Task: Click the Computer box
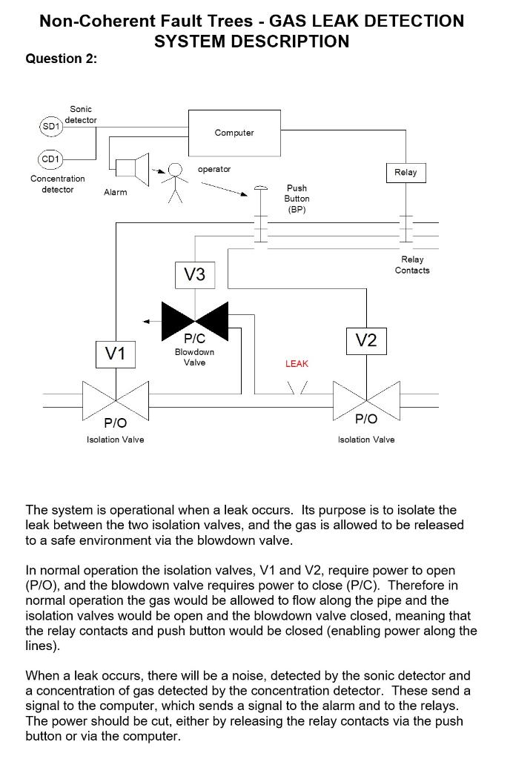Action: pyautogui.click(x=234, y=132)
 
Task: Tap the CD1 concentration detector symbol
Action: pyautogui.click(x=50, y=159)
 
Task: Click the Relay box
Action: pyautogui.click(x=406, y=172)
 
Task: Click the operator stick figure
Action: pyautogui.click(x=175, y=182)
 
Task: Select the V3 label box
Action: pyautogui.click(x=194, y=275)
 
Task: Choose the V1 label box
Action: pyautogui.click(x=115, y=354)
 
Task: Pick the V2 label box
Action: pyautogui.click(x=366, y=340)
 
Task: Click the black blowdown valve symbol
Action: pyautogui.click(x=195, y=319)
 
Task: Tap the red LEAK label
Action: pyautogui.click(x=297, y=364)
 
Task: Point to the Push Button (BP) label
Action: pyautogui.click(x=297, y=199)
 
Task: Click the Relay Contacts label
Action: pyautogui.click(x=412, y=265)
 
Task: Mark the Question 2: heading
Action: pyautogui.click(x=62, y=59)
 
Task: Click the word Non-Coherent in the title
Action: pyautogui.click(x=87, y=21)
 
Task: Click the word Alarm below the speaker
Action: pyautogui.click(x=115, y=193)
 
